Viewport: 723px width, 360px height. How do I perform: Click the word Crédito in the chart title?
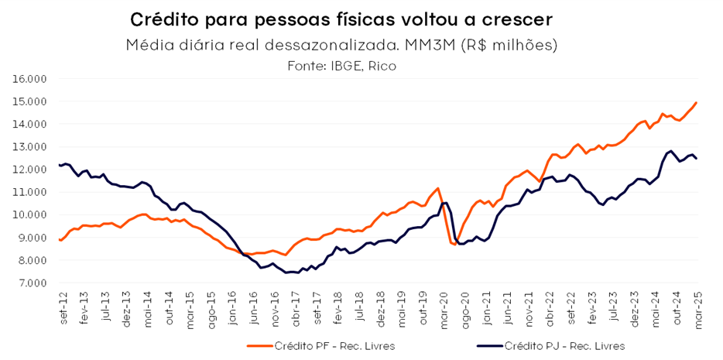pyautogui.click(x=161, y=19)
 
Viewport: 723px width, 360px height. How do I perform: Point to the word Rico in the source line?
pyautogui.click(x=383, y=67)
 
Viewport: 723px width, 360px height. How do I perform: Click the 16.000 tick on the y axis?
pyautogui.click(x=29, y=79)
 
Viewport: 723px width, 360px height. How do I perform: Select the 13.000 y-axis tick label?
pyautogui.click(x=29, y=147)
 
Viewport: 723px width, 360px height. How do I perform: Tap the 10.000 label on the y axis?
pyautogui.click(x=29, y=215)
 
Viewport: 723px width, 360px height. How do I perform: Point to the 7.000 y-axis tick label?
pyautogui.click(x=32, y=283)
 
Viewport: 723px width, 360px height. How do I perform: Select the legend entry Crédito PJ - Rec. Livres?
pyautogui.click(x=554, y=346)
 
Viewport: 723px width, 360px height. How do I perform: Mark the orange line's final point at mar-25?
pyautogui.click(x=696, y=102)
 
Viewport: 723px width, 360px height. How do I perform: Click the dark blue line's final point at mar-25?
pyautogui.click(x=696, y=159)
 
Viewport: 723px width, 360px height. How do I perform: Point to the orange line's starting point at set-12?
pyautogui.click(x=60, y=239)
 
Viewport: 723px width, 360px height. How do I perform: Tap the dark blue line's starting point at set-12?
pyautogui.click(x=60, y=165)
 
